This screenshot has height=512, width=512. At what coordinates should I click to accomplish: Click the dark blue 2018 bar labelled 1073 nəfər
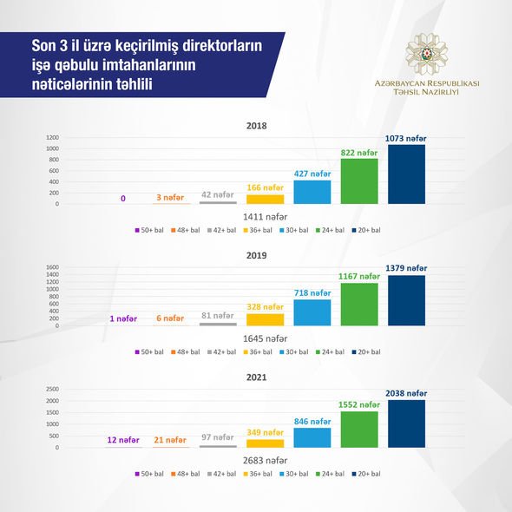[x=406, y=174]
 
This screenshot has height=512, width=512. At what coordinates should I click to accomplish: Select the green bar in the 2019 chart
[x=359, y=305]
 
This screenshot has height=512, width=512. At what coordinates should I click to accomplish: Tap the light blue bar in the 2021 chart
[x=312, y=437]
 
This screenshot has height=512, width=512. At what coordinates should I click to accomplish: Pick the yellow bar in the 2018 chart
[x=266, y=200]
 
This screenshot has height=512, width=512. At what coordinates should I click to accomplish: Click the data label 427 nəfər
[x=312, y=174]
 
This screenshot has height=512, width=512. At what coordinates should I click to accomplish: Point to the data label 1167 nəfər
[x=359, y=277]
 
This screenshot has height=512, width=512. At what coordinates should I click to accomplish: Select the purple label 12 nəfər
[x=123, y=440]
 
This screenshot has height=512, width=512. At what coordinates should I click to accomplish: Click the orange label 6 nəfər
[x=170, y=318]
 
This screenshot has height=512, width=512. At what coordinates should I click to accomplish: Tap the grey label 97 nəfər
[x=218, y=437]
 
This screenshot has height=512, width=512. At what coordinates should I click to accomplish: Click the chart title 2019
[x=256, y=255]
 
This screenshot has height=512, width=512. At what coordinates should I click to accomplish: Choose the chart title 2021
[x=256, y=377]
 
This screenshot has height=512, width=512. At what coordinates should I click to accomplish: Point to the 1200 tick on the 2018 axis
[x=53, y=137]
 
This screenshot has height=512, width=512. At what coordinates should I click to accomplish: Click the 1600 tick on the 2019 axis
[x=53, y=267]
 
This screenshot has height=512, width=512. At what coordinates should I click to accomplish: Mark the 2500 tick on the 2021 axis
[x=53, y=389]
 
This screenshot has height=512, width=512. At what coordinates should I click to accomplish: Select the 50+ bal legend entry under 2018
[x=149, y=230]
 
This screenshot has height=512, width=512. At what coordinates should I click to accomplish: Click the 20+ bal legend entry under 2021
[x=366, y=474]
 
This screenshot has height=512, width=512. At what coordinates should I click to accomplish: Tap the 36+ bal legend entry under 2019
[x=258, y=352]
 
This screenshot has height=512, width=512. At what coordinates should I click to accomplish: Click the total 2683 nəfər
[x=266, y=461]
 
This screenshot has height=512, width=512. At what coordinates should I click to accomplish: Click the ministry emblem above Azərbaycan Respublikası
[x=426, y=54]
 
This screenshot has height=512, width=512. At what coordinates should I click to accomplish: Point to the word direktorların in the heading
[x=222, y=46]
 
